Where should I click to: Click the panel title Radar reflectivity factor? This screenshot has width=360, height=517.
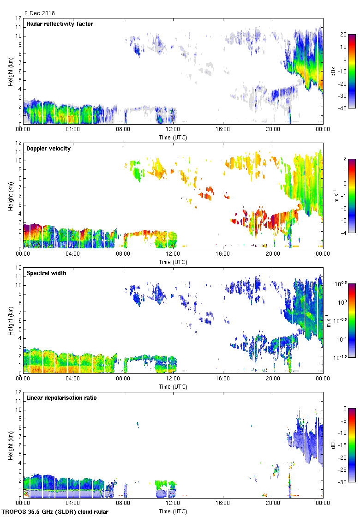pos(60,24)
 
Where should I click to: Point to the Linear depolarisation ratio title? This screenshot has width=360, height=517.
pos(61,397)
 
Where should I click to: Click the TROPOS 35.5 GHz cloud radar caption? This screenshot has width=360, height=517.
pos(56,512)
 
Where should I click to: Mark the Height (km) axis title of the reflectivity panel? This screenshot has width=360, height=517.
pos(10,71)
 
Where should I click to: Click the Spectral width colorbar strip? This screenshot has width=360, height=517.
pos(351,321)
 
